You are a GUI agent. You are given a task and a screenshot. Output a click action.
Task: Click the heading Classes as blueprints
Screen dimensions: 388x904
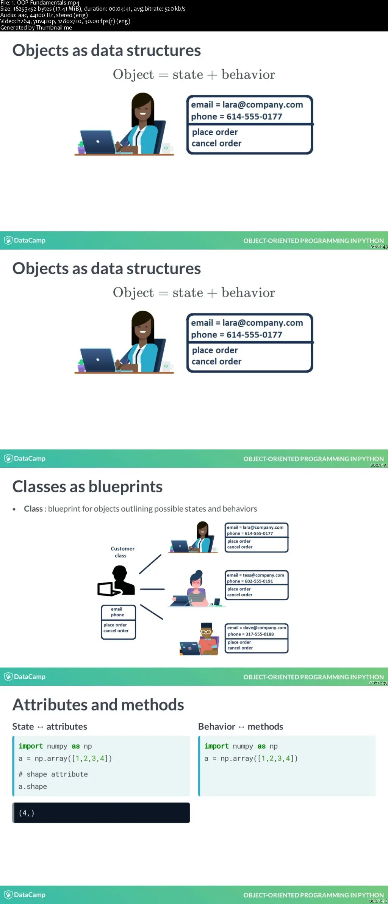tap(88, 487)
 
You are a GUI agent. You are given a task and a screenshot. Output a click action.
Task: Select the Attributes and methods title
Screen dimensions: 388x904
tap(98, 705)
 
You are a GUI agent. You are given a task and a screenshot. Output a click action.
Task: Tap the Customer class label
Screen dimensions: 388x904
tap(122, 552)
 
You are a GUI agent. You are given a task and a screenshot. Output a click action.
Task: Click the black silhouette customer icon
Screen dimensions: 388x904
tap(116, 581)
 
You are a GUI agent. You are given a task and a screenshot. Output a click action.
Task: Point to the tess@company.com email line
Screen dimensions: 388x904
tap(255, 575)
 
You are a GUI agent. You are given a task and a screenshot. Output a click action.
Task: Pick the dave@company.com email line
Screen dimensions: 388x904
tap(257, 628)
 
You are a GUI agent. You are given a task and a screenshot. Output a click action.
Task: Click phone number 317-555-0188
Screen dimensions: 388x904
tap(250, 634)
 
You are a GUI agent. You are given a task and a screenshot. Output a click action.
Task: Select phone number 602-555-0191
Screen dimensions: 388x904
tap(250, 581)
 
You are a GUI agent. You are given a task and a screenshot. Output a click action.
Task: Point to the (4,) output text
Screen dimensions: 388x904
tap(27, 813)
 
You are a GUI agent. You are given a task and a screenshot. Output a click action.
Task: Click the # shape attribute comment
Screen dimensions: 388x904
tap(53, 774)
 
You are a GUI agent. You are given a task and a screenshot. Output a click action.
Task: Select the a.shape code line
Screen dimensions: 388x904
tap(33, 786)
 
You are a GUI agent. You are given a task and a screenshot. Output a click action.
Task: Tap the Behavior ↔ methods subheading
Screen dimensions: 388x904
tap(241, 726)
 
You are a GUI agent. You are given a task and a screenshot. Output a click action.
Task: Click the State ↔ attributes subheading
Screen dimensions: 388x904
tap(50, 726)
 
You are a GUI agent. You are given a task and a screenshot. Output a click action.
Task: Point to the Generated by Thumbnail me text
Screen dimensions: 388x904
tap(36, 28)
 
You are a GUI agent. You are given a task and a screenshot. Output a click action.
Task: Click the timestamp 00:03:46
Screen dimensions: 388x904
tap(378, 901)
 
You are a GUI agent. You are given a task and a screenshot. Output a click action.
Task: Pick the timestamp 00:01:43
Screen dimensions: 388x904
tap(378, 247)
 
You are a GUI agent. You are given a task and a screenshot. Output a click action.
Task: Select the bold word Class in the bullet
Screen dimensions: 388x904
tap(33, 509)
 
